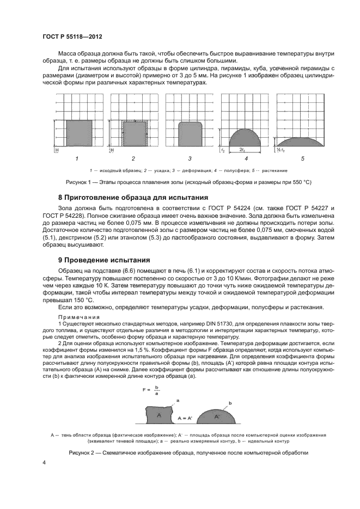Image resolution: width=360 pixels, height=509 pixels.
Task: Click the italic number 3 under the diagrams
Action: (x=190, y=158)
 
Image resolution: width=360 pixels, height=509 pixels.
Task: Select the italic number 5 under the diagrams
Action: (x=303, y=158)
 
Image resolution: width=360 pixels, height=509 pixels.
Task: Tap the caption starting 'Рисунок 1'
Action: (x=188, y=181)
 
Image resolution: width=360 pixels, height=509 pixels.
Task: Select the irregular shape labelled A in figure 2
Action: (x=158, y=415)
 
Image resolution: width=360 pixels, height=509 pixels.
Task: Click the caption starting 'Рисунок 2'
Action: (x=188, y=453)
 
